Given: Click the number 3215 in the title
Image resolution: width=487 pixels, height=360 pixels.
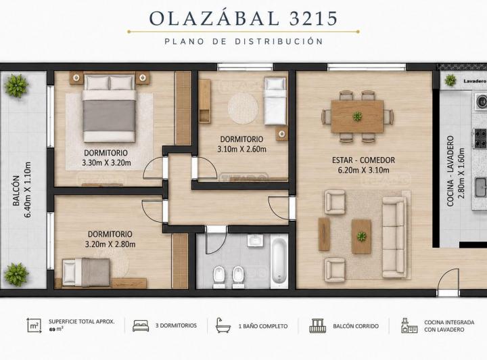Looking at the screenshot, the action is point(313,18).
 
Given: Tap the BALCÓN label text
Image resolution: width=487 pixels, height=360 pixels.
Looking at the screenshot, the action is point(16,191).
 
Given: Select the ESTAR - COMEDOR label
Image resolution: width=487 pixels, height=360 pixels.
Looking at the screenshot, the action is point(363,160).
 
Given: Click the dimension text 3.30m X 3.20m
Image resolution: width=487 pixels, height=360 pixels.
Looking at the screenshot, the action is point(106,163).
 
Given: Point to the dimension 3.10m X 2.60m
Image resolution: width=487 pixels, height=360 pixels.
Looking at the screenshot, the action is point(241,149).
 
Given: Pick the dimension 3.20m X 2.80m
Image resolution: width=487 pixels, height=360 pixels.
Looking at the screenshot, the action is point(110,244).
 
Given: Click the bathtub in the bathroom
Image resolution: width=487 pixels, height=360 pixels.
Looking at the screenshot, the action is point(279,261).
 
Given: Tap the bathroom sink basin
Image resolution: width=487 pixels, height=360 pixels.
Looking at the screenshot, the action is point(256,240).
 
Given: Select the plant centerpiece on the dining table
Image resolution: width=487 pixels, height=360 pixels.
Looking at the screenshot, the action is point(357,116).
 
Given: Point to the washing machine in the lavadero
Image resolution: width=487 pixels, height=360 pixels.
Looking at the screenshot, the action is point(480,101).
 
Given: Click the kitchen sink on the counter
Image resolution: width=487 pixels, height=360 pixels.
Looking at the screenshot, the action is point(481,187).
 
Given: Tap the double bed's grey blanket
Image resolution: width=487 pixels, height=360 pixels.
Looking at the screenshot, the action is point(109,116).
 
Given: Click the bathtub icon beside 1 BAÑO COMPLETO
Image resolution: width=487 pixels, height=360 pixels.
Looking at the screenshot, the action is point(223,325).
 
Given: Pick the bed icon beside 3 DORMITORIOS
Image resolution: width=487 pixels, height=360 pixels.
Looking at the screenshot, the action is point(141,325).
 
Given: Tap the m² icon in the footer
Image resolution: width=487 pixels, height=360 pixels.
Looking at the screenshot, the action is point(34,325).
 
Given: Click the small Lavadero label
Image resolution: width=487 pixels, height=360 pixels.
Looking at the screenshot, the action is point(475,81).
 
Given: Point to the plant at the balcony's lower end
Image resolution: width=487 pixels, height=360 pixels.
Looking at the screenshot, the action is point(16,275).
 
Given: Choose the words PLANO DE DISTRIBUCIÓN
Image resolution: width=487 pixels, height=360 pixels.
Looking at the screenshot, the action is point(243,41).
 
